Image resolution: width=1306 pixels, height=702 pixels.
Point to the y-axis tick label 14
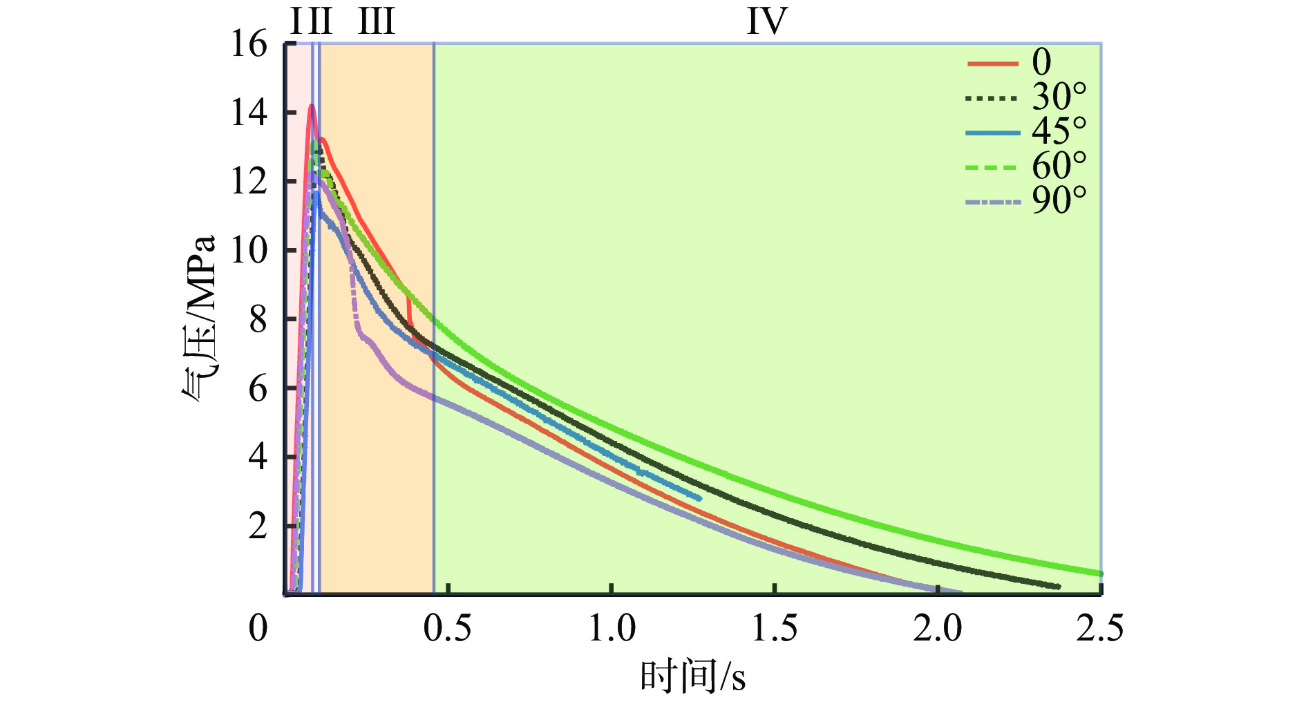[249, 113]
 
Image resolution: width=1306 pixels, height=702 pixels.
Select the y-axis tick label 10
[249, 250]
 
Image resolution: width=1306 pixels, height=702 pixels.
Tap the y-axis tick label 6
[258, 389]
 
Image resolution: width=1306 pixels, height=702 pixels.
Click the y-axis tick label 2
[258, 526]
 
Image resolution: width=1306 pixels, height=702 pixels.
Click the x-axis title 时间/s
[692, 677]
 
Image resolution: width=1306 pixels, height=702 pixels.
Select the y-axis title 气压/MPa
[200, 319]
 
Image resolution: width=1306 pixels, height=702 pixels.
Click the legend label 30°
[1059, 97]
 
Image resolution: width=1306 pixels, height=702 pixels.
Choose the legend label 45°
[1059, 131]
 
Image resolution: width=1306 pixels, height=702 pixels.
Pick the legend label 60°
[1059, 166]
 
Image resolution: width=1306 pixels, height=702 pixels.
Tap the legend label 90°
[1059, 200]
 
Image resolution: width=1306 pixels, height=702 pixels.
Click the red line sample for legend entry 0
[993, 64]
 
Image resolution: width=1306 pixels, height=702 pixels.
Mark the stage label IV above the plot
[767, 22]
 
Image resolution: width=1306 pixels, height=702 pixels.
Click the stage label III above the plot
[377, 22]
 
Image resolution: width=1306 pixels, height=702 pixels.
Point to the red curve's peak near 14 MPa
[312, 106]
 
